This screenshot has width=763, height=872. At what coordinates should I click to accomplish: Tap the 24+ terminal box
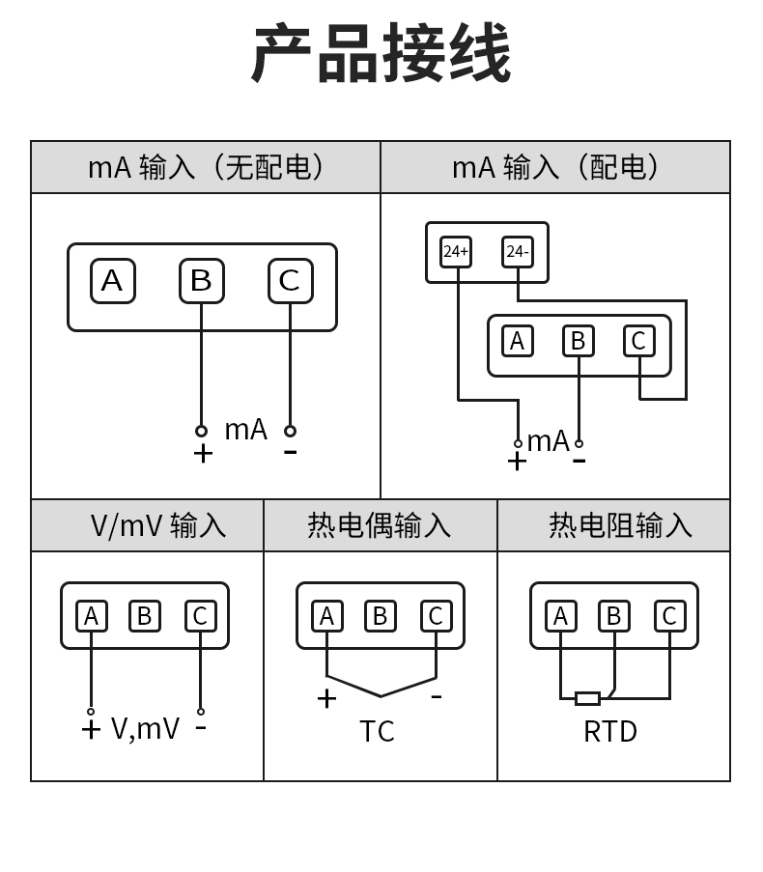point(456,252)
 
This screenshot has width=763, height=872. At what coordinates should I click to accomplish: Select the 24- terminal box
point(518,252)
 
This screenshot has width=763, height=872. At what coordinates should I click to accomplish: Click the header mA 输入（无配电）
point(206,167)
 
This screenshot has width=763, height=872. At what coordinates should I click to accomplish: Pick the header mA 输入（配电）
point(555,167)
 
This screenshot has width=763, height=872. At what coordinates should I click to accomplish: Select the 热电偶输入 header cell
point(380,525)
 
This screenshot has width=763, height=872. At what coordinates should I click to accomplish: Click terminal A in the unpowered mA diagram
point(112,281)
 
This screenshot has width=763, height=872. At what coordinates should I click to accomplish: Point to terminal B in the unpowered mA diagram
point(201,281)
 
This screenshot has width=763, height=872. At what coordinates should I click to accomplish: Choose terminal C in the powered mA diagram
point(638,341)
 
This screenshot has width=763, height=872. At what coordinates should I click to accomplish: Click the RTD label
point(610,732)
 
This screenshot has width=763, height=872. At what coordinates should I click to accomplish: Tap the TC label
point(377,732)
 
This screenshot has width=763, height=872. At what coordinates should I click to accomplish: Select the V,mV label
point(145,728)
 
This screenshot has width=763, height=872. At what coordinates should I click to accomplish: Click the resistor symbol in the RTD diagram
point(587,698)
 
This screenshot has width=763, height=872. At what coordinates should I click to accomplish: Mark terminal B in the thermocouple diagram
point(380,616)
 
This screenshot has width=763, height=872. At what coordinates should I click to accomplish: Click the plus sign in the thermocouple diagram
point(326,698)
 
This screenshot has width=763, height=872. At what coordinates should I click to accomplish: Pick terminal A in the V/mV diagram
point(91,616)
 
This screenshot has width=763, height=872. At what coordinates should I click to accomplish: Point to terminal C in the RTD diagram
point(669,616)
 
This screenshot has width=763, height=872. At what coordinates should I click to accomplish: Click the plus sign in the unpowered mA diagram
point(203,453)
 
